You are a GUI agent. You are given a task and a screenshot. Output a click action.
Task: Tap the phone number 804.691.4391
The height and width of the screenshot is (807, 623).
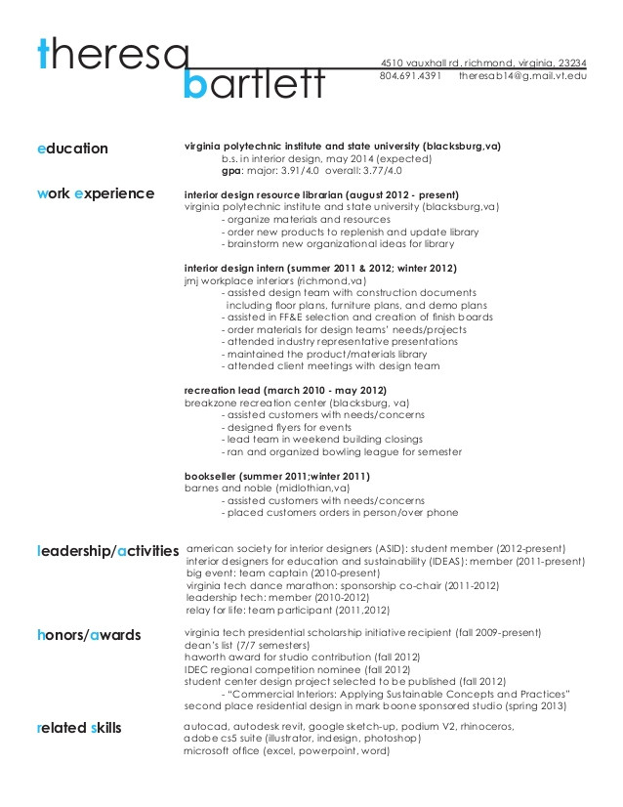410,75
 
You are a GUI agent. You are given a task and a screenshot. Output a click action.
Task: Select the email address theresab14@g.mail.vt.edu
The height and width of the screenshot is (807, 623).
521,75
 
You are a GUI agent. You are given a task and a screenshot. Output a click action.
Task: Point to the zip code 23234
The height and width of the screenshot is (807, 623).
566,62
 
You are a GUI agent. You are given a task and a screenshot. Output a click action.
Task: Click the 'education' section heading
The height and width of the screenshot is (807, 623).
72,149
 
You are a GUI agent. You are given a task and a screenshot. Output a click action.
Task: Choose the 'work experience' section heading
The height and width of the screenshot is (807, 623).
95,193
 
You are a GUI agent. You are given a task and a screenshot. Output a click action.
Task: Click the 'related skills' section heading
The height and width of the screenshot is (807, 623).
79,728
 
